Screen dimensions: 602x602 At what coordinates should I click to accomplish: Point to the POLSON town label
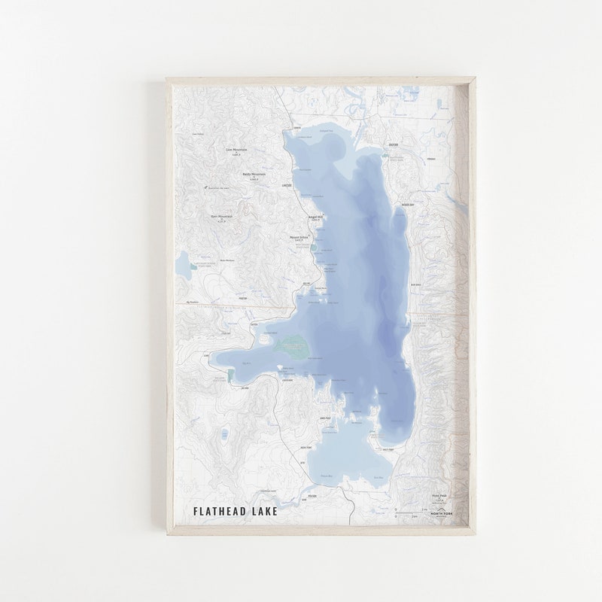pyautogui.click(x=314, y=497)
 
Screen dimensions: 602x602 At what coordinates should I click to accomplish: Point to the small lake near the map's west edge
pyautogui.click(x=183, y=263)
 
